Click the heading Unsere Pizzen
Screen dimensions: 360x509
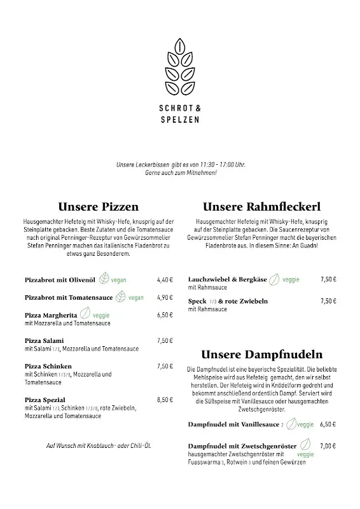tap(98, 207)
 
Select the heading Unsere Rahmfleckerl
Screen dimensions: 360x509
tap(261, 207)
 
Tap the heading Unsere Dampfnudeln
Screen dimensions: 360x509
tap(261, 354)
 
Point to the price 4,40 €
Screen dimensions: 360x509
tap(165, 279)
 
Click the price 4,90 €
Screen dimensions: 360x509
tap(165, 297)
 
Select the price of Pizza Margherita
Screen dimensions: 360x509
tap(165, 315)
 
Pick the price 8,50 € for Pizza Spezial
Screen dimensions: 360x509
tap(165, 400)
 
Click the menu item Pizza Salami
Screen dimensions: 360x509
tap(45, 340)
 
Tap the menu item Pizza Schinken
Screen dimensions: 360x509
tap(48, 366)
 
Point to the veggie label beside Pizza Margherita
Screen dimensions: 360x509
tap(101, 315)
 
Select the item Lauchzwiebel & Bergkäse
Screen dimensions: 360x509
tap(226, 279)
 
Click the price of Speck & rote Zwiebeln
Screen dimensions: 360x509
tap(328, 300)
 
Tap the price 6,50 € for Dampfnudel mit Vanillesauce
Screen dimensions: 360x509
tap(328, 424)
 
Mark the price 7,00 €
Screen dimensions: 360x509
tap(328, 446)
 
